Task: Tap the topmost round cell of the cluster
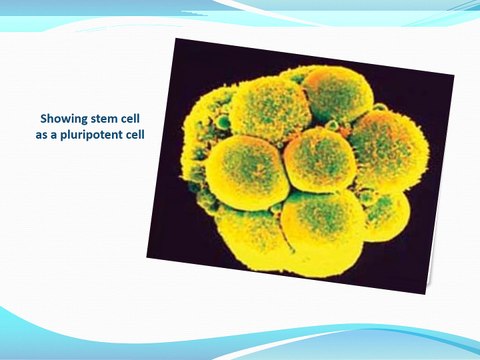338,92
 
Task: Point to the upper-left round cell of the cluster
270,108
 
